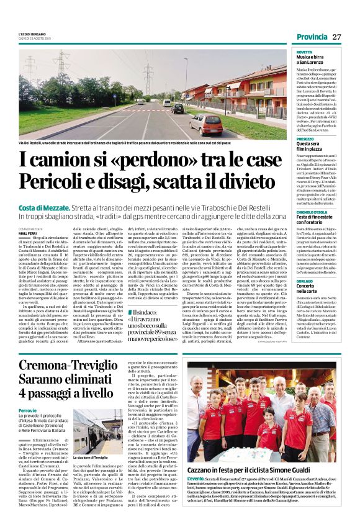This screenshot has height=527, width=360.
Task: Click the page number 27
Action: pyautogui.click(x=336, y=37)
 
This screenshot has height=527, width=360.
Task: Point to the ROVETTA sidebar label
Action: pyautogui.click(x=304, y=52)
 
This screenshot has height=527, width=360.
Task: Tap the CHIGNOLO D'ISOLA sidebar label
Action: pyautogui.click(x=313, y=211)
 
